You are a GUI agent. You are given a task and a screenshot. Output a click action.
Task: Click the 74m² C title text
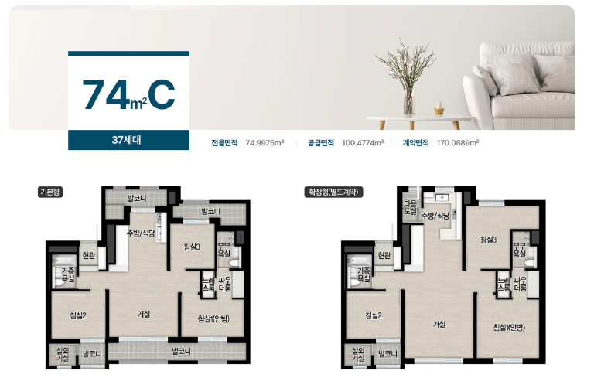click(128, 94)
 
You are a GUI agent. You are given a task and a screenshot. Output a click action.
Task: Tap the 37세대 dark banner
click(128, 141)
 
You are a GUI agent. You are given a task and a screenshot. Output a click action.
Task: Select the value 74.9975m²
click(265, 143)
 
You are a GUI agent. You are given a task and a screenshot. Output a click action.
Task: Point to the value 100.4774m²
click(363, 143)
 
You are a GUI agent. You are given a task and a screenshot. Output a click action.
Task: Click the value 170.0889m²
click(458, 143)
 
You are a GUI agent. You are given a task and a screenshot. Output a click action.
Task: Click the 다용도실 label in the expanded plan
click(410, 207)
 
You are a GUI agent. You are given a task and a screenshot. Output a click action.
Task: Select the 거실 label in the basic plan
click(144, 314)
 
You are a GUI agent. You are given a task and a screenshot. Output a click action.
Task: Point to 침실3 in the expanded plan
click(489, 240)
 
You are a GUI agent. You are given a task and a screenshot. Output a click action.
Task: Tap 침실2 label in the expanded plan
click(374, 315)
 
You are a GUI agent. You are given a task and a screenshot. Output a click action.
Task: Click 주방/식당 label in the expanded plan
click(435, 216)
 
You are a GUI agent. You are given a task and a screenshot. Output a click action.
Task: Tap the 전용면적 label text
click(225, 143)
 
